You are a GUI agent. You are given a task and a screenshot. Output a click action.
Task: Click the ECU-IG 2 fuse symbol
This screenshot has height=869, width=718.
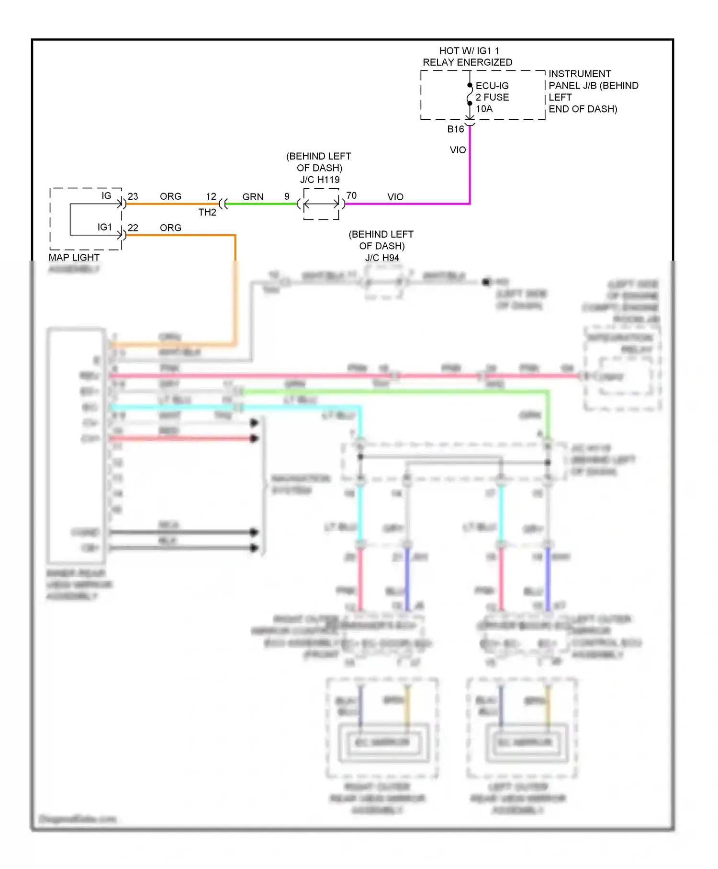coord(470,94)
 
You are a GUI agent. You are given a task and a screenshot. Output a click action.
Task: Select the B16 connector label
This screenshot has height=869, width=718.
coord(455,129)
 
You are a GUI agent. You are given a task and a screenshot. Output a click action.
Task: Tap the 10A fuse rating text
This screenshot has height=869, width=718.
coord(484,109)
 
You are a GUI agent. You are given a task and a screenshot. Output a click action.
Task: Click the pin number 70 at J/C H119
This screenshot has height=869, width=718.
coord(351,195)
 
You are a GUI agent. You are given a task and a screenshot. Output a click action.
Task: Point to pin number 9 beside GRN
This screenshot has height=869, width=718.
coord(287,196)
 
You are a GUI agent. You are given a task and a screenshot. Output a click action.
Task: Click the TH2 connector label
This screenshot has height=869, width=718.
coord(207,212)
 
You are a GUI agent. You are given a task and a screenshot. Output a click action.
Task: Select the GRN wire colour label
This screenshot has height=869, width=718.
coord(253,197)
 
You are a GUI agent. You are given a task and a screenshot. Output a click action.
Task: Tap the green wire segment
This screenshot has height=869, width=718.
coord(261,204)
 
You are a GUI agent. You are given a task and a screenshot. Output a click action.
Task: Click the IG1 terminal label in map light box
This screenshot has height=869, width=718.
coord(104,227)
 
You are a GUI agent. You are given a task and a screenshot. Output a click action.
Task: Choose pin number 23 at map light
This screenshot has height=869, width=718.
coord(133,196)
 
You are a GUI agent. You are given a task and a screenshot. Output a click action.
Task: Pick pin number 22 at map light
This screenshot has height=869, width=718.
coord(133,228)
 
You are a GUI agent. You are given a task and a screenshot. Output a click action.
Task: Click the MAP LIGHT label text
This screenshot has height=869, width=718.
coord(74,257)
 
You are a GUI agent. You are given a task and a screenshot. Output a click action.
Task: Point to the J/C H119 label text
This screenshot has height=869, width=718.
coord(320,180)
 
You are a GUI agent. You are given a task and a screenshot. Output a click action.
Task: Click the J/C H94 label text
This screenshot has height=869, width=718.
coord(382,258)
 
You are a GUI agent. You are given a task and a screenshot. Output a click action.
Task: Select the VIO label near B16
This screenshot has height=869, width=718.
coord(458,150)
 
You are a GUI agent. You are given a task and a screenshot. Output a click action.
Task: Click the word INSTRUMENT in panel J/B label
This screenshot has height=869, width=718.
coord(579,74)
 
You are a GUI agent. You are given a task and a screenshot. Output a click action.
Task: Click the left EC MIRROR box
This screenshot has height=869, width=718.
coord(382,742)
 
